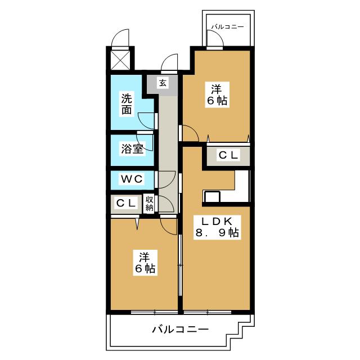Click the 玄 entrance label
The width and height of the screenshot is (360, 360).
pos(163,83)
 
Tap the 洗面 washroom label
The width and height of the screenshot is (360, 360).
pos(127,104)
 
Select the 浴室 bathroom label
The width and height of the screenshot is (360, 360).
pos(132,148)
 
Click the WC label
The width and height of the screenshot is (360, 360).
pos(132,179)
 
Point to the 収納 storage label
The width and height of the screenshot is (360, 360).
pos(149,204)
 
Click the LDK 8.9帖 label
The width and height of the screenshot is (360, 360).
pos(217,227)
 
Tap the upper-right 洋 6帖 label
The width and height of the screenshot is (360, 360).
pos(217,94)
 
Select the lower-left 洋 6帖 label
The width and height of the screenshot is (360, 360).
pos(145,263)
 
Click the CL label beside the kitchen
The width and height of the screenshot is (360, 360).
pos(228,155)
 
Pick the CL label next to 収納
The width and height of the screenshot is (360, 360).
pos(126,203)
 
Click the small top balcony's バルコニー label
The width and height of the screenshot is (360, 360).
pos(227,27)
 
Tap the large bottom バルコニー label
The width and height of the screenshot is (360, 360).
pos(181,330)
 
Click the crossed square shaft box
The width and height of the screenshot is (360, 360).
pos(120,60)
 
